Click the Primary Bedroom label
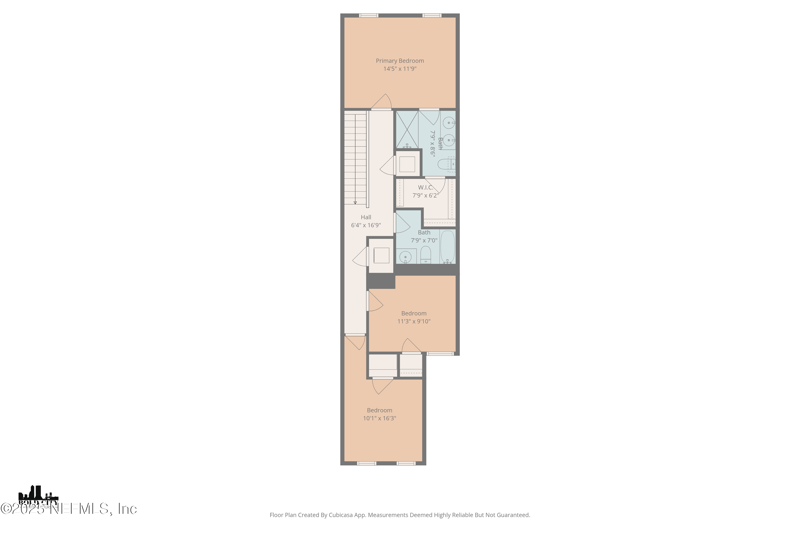click(399, 61)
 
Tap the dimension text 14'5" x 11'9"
click(399, 69)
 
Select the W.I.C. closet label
click(425, 187)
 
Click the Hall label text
click(365, 217)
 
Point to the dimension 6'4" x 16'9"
click(365, 225)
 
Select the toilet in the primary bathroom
click(447, 164)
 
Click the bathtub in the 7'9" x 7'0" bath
click(446, 246)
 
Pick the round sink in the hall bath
click(405, 257)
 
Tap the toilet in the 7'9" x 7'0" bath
click(425, 256)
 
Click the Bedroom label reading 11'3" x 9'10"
click(413, 313)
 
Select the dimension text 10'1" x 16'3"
click(379, 418)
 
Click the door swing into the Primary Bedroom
click(381, 102)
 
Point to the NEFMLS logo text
click(70, 508)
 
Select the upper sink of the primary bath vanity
click(448, 123)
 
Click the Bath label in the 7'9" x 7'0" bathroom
click(424, 232)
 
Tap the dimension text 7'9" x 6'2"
click(425, 195)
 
